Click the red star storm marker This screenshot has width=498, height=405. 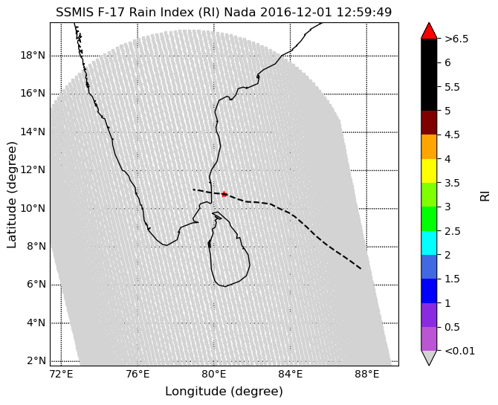(x=224, y=194)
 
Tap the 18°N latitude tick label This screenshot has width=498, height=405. (x=33, y=56)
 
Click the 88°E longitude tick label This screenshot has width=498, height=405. (x=367, y=375)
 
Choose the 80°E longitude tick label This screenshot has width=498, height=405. (x=214, y=375)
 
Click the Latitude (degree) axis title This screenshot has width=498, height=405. (x=11, y=195)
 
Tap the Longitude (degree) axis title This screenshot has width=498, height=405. (x=224, y=391)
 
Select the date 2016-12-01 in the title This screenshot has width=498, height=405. (x=296, y=13)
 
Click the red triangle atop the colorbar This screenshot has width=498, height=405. (x=429, y=30)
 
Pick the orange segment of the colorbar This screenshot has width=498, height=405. (x=429, y=146)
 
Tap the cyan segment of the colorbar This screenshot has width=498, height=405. (x=429, y=243)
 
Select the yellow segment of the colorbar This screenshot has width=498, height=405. (x=429, y=171)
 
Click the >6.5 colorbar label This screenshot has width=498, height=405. (x=456, y=39)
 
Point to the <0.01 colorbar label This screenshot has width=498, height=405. (x=459, y=351)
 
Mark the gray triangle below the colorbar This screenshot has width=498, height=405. (x=429, y=358)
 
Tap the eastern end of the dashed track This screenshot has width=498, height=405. (x=360, y=269)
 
